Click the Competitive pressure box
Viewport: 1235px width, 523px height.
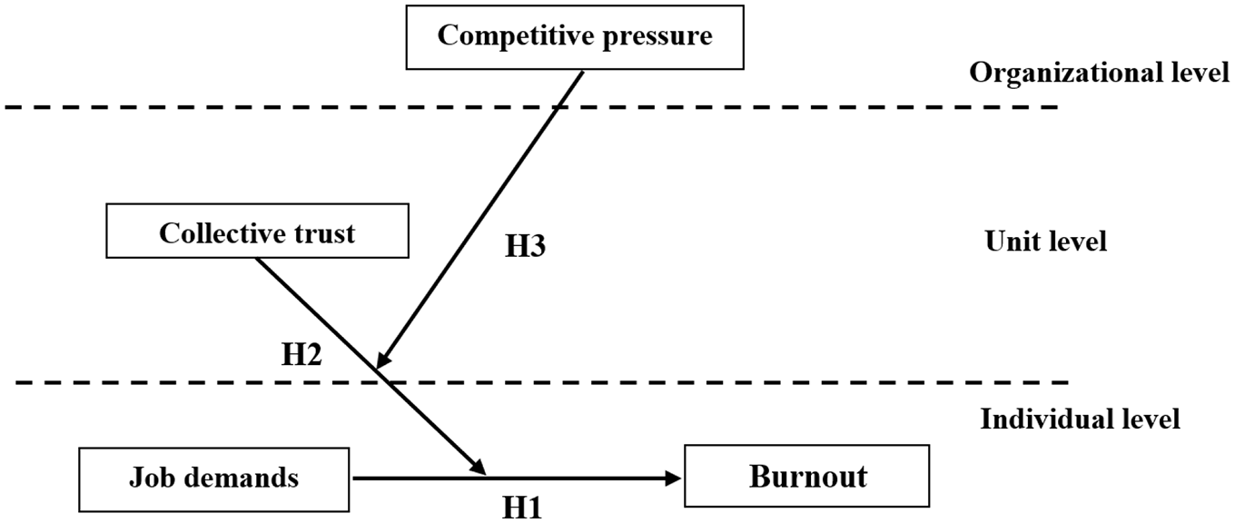coord(575,37)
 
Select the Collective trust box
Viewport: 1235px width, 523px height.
coord(258,231)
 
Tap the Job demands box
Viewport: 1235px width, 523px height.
coord(214,479)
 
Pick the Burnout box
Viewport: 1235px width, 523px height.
coord(807,476)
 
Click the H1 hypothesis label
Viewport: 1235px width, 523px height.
coord(522,508)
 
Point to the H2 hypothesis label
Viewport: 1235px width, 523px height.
coord(301,354)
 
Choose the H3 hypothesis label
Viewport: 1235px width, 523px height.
coord(526,246)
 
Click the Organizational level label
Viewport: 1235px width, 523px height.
coord(1100,74)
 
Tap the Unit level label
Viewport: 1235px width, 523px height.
coord(1046,242)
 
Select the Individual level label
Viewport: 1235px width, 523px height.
coord(1081,419)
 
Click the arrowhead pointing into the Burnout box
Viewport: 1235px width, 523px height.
coord(674,479)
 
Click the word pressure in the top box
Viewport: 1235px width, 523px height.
coord(657,37)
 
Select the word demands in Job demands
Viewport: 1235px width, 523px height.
coord(241,478)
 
